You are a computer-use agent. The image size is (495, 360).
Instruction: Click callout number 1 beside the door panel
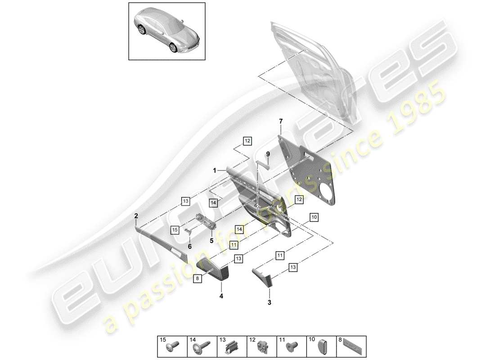[x=215, y=171]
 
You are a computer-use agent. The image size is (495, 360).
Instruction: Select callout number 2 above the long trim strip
[x=136, y=216]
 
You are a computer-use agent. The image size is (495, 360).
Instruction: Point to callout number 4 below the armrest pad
[x=221, y=296]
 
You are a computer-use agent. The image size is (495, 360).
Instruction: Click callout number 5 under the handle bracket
[x=211, y=240]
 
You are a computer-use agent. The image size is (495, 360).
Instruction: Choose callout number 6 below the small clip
[x=189, y=246]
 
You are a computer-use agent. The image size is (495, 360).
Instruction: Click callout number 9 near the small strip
[x=267, y=154]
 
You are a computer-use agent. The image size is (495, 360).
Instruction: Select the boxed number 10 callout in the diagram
[x=314, y=218]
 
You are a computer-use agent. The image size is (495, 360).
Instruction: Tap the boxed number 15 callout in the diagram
[x=175, y=229]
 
